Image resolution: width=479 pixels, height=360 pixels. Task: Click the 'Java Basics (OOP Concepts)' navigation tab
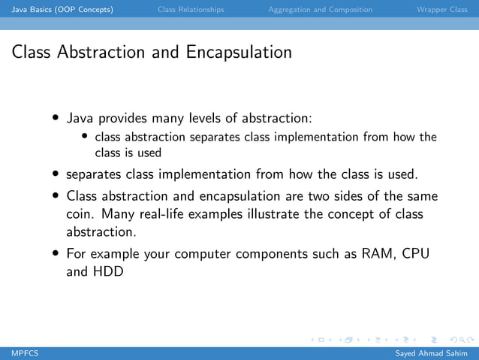(x=58, y=10)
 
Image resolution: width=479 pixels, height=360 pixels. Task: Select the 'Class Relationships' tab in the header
(x=191, y=10)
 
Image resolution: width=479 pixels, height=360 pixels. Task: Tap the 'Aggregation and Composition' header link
(x=320, y=10)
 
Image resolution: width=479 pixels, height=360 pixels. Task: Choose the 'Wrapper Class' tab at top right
(x=441, y=10)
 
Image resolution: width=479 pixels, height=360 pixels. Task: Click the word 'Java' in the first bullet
(x=80, y=118)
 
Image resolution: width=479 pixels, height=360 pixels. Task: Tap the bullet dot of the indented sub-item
(x=86, y=137)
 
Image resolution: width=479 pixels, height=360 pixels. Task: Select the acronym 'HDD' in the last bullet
(x=108, y=271)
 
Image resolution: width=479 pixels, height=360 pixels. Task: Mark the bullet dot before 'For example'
(x=57, y=254)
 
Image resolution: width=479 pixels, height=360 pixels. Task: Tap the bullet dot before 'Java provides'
(x=57, y=119)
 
